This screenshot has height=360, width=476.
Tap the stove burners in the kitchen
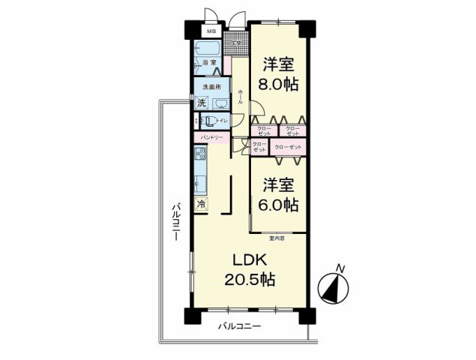(x=200, y=155)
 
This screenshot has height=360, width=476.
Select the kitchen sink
(x=200, y=181)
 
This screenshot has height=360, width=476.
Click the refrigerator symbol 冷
(x=201, y=204)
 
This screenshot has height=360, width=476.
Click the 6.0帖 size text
(x=280, y=204)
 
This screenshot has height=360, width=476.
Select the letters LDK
(x=250, y=259)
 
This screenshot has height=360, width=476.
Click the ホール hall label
(x=240, y=94)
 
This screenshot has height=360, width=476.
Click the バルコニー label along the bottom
(x=239, y=326)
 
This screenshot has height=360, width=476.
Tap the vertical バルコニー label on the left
(x=174, y=220)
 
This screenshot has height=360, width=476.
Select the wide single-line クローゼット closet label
(x=289, y=148)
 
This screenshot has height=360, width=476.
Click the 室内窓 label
(x=278, y=238)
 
